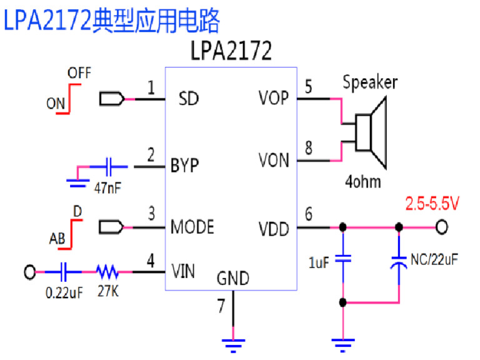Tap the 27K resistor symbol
(x=107, y=272)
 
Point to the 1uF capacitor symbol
(x=342, y=258)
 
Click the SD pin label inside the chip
(x=188, y=99)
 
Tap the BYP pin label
(x=184, y=166)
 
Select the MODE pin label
(x=192, y=226)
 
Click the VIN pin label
(x=183, y=271)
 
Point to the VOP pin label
(x=273, y=99)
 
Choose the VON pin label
(x=274, y=161)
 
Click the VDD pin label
(x=274, y=229)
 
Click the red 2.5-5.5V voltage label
(x=432, y=204)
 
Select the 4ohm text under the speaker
(x=363, y=182)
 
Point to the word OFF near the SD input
(x=79, y=73)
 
